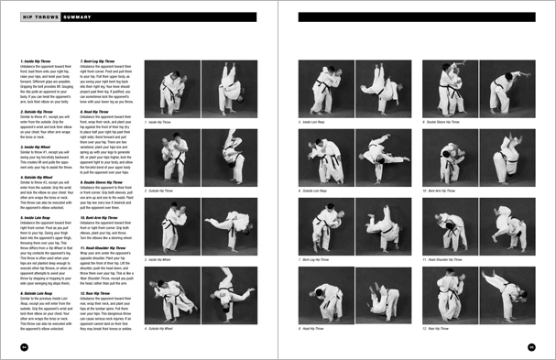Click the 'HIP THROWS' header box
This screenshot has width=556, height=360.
coord(38,16)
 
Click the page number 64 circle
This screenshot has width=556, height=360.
coord(25,347)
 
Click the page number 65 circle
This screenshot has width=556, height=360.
coord(531,347)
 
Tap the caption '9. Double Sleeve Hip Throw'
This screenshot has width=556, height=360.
coord(446,122)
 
